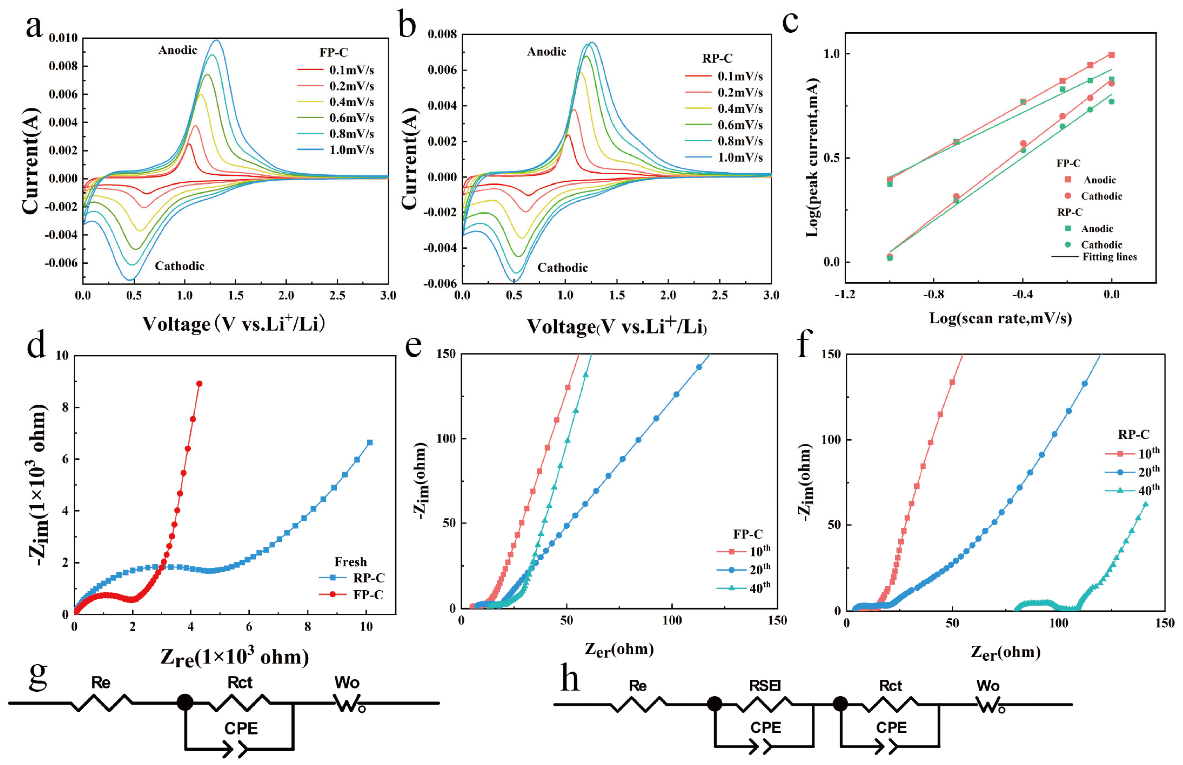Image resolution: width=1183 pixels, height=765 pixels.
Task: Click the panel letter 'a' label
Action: point(34,26)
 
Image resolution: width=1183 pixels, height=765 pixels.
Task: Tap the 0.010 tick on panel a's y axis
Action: point(63,38)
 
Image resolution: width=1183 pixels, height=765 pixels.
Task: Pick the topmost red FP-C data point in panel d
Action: point(199,383)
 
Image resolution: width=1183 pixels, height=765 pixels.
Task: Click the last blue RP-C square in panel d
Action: point(370,442)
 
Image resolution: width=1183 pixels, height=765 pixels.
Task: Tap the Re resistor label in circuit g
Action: point(100,683)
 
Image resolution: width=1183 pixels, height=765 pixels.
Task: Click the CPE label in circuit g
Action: point(241,728)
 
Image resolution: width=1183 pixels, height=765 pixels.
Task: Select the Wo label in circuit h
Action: point(987,686)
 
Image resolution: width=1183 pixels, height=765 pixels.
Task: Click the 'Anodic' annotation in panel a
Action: point(177,50)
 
